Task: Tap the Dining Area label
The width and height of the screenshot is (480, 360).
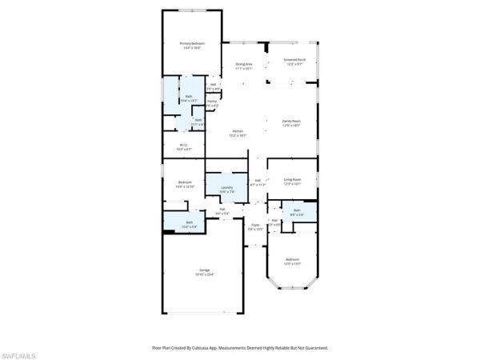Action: point(244,64)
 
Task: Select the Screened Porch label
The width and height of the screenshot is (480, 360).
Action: point(294,58)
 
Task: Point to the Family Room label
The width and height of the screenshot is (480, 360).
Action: point(290,121)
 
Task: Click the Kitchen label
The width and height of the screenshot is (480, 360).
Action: point(238,131)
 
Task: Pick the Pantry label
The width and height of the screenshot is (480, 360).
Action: point(211,102)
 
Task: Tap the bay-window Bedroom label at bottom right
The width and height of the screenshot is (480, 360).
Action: point(292,259)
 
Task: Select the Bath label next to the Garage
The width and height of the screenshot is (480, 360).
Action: point(190,222)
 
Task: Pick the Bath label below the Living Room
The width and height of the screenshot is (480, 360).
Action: point(296,210)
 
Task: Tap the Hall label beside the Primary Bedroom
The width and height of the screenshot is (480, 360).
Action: point(214,84)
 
